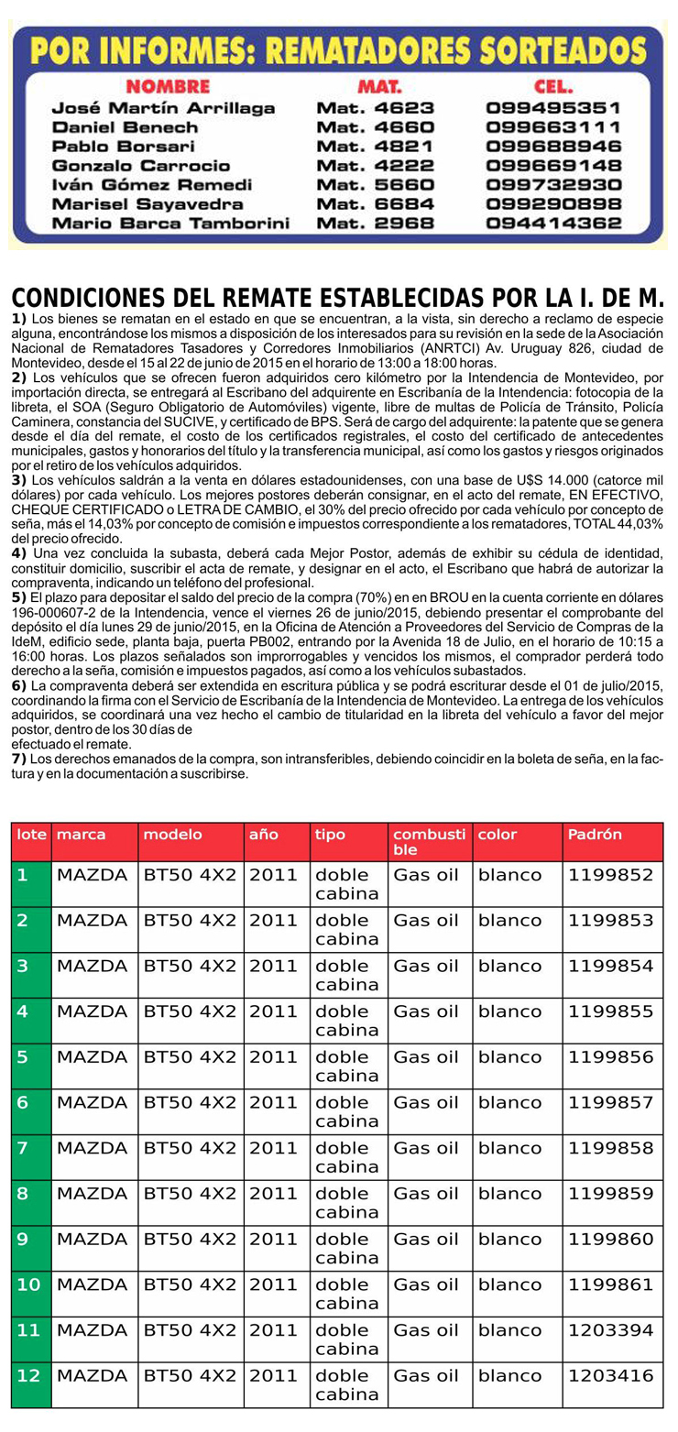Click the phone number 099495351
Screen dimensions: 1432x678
[x=553, y=108]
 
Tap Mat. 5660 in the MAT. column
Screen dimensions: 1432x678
[x=375, y=185]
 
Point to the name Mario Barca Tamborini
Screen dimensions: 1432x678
[x=170, y=224]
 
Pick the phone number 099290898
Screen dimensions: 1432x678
[x=553, y=204]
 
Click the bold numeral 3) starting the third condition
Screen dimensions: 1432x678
[x=18, y=479]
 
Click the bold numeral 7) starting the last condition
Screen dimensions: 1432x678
[x=18, y=760]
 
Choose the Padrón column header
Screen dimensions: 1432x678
[x=595, y=835]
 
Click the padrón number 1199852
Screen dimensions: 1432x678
[x=610, y=875]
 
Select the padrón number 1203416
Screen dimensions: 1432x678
[x=610, y=1375]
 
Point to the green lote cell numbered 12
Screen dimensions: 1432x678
[x=28, y=1375]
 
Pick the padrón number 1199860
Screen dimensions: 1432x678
[x=610, y=1239]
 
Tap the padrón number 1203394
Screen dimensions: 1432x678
[x=610, y=1329]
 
